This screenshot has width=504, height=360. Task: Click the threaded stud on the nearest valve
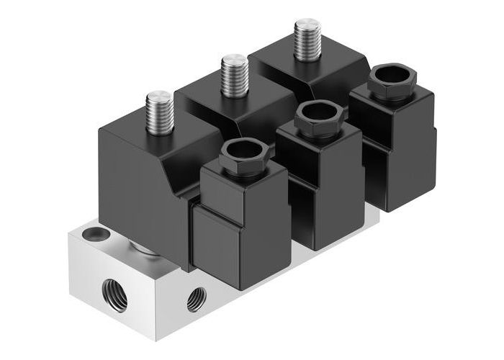tap(158, 114)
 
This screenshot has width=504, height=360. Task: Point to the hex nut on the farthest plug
tap(389, 84)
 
